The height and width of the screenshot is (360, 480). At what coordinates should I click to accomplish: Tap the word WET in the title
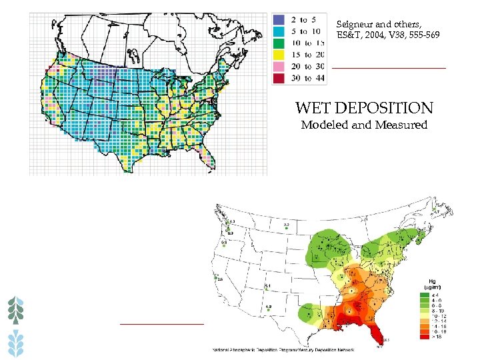point(312,108)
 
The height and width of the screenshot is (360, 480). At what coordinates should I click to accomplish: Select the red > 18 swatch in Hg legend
point(425,337)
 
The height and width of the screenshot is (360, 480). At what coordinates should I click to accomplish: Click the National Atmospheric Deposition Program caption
point(283,349)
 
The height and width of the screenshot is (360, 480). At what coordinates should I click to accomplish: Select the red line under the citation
point(389,68)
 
